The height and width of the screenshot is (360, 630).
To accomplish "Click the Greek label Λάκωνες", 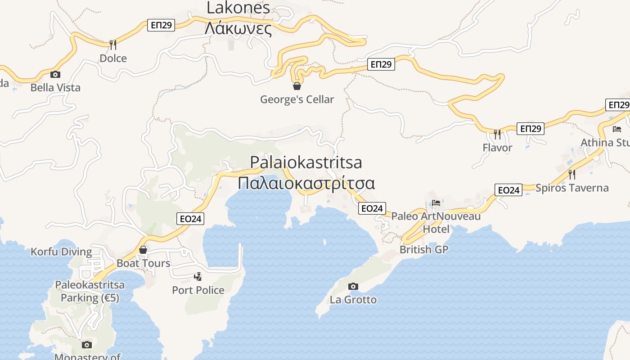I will [x=238, y=29].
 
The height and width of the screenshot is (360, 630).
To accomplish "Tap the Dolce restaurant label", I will [x=113, y=58].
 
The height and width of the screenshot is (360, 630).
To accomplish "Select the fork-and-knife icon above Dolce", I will [x=113, y=45].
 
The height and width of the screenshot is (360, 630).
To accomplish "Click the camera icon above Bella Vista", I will [x=55, y=74].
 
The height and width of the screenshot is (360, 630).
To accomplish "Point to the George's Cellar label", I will [x=297, y=99].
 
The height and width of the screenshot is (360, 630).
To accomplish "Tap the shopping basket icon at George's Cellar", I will [x=297, y=85].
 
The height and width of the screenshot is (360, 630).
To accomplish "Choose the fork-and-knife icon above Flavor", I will [x=497, y=134].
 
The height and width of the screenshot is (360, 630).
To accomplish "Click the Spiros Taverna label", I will [x=572, y=188].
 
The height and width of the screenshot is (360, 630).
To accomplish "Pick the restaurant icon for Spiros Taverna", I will [x=572, y=174].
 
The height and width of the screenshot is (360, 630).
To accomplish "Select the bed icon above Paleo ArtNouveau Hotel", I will [x=436, y=203].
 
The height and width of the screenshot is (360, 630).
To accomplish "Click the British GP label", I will [x=424, y=249].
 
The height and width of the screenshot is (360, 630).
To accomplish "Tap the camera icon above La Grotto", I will [x=353, y=286].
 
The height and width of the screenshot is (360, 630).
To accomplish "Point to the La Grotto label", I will [x=353, y=300].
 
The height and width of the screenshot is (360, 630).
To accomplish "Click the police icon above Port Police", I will [x=198, y=276].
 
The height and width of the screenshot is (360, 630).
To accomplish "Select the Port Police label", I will [x=198, y=290].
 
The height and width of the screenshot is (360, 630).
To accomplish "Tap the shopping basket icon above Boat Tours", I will [x=143, y=249].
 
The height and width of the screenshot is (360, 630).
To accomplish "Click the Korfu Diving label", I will [x=61, y=252].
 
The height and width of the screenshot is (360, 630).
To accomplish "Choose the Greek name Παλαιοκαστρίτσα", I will [x=306, y=184].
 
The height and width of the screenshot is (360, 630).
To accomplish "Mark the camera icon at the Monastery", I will [x=87, y=345].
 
